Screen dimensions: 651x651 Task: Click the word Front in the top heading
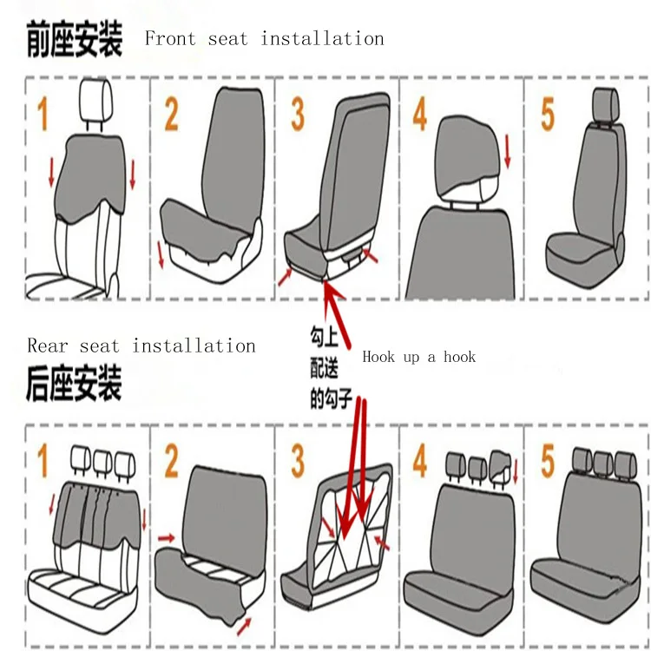point(170,38)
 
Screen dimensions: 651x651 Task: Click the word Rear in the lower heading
point(48,345)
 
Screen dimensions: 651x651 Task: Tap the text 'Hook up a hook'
point(418,357)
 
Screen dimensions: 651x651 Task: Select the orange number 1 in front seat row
point(43,114)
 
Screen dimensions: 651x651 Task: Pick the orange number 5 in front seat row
point(548,115)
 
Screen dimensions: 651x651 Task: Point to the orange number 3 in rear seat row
point(298,461)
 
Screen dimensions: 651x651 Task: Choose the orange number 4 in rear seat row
point(420,460)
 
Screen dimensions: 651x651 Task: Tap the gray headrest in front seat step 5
point(606,104)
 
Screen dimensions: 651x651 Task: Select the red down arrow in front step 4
point(508,152)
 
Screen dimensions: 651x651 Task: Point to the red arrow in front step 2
point(161,254)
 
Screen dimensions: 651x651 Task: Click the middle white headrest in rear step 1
point(102,463)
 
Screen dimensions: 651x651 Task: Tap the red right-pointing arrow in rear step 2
point(167,538)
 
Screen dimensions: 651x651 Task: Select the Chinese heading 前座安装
point(75,39)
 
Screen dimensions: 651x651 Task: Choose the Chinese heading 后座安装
point(74,383)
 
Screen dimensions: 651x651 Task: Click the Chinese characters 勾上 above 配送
point(324,337)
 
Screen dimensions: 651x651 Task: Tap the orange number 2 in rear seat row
point(172,461)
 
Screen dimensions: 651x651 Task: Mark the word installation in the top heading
point(322,38)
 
